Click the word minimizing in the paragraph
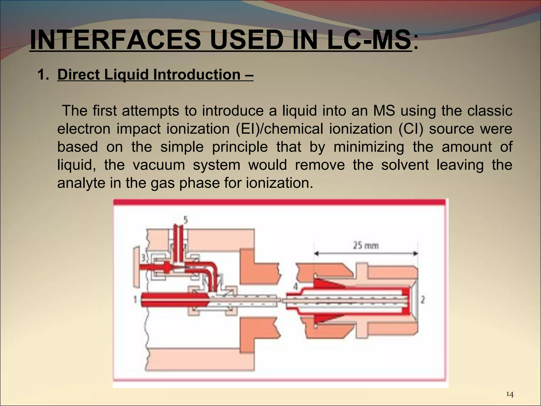(369, 147)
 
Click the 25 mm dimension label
(366, 246)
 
